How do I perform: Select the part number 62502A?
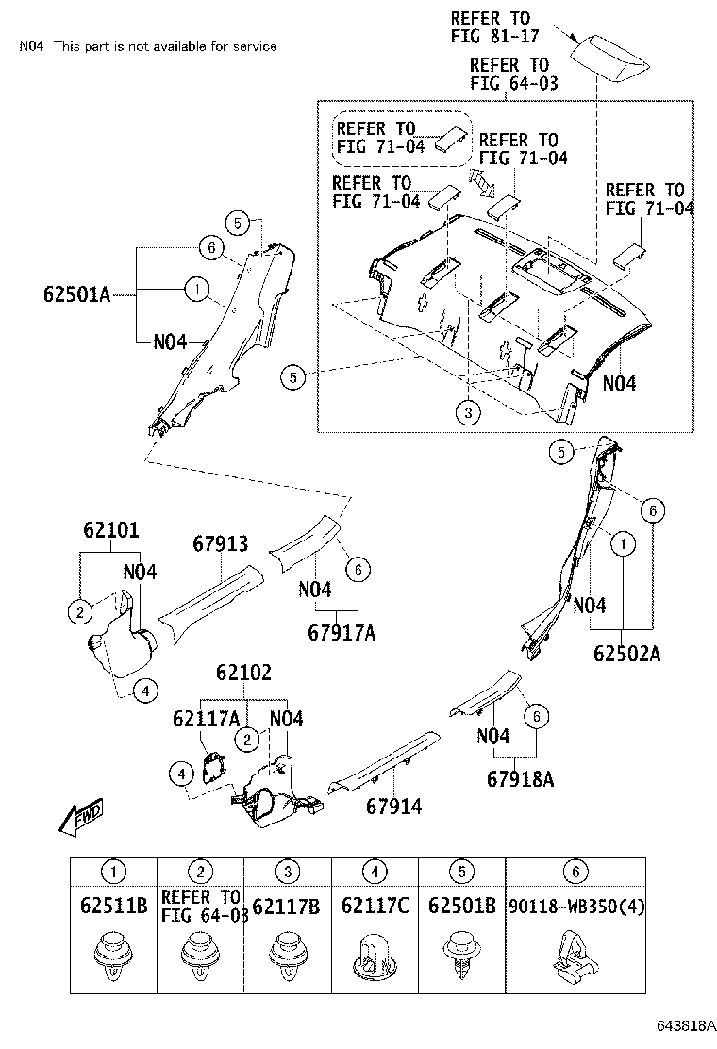pyautogui.click(x=627, y=652)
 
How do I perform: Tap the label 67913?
pyautogui.click(x=220, y=544)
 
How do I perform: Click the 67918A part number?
pyautogui.click(x=520, y=779)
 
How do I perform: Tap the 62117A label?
pyautogui.click(x=205, y=719)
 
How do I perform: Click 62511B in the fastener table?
pyautogui.click(x=113, y=907)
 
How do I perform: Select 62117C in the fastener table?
pyautogui.click(x=375, y=907)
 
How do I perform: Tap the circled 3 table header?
pyautogui.click(x=289, y=873)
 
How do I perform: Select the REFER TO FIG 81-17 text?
pyautogui.click(x=491, y=26)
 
